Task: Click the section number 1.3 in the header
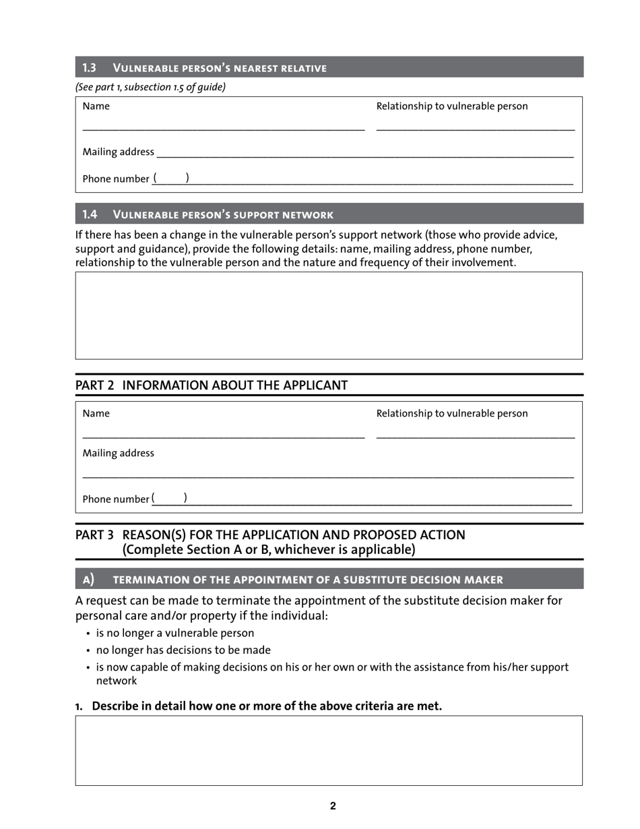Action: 90,67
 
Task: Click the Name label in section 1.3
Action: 96,106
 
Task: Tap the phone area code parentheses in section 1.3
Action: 170,178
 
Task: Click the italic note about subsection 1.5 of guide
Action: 150,87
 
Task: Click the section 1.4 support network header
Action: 222,214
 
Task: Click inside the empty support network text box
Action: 329,315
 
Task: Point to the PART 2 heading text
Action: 212,385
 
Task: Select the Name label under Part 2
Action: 96,413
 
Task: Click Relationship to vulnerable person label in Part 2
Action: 452,413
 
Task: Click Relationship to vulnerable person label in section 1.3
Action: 452,106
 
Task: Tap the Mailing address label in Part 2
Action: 118,453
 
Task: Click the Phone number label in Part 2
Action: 115,499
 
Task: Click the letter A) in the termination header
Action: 88,579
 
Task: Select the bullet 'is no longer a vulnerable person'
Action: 175,633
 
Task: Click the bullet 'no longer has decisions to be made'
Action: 183,650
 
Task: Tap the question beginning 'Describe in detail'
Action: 266,706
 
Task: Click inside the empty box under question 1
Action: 329,750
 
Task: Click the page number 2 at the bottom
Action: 333,805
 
